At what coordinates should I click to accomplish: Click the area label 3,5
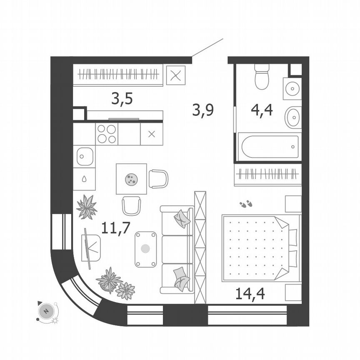tap(122, 99)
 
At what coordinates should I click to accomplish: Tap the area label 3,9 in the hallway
tap(203, 110)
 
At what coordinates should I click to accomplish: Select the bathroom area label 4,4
tap(262, 110)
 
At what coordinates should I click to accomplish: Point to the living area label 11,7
tap(116, 228)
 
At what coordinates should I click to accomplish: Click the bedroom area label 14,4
tap(250, 293)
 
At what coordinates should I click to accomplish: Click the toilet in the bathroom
tap(262, 77)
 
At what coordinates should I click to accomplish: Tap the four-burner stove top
tap(107, 134)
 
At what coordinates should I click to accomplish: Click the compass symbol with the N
tap(46, 311)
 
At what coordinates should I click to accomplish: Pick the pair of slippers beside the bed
tap(246, 204)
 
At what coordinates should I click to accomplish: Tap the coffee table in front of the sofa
tap(145, 249)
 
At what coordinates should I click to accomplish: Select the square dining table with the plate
tap(131, 179)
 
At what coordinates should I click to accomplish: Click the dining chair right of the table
tap(158, 179)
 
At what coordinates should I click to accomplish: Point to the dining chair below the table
tap(131, 205)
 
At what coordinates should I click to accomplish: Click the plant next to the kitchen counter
tap(87, 207)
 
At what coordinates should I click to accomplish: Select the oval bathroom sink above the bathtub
tap(293, 117)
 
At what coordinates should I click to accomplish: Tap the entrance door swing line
tap(207, 47)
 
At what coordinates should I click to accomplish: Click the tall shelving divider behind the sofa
tap(200, 247)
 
